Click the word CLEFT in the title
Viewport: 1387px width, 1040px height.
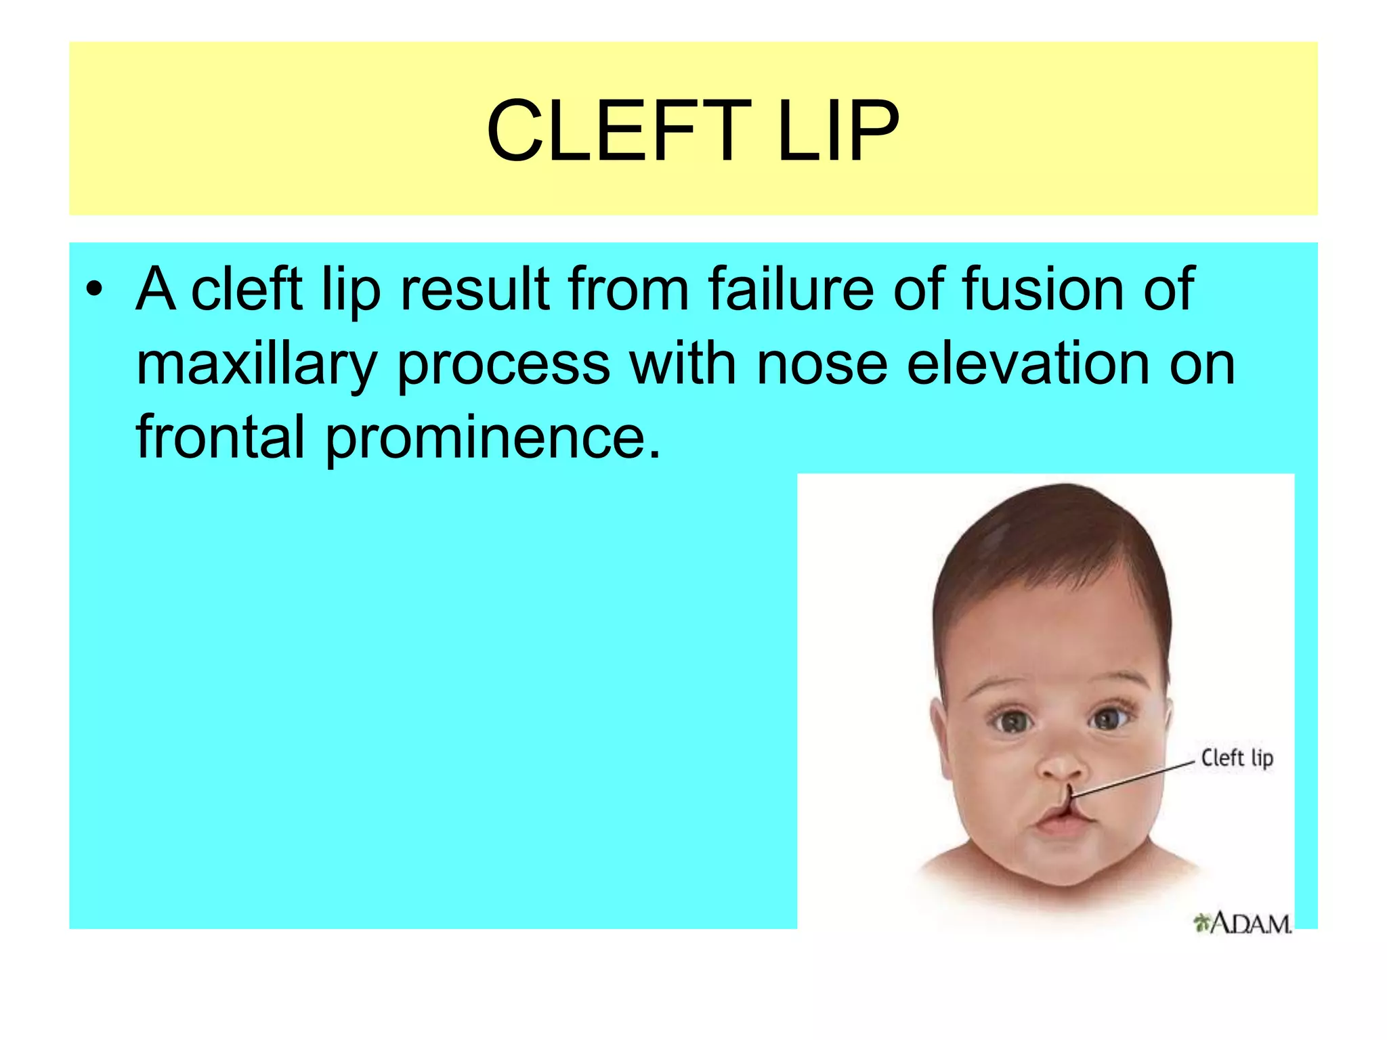(618, 131)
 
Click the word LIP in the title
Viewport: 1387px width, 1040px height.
(838, 131)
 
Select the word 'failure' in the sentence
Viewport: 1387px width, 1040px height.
(790, 290)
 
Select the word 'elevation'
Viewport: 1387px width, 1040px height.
(1027, 364)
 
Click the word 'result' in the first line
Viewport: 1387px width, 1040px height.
(475, 290)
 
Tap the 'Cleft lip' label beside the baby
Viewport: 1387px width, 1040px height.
(1237, 758)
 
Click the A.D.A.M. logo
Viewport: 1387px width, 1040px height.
(1243, 922)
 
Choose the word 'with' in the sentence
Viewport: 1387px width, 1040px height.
(683, 364)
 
